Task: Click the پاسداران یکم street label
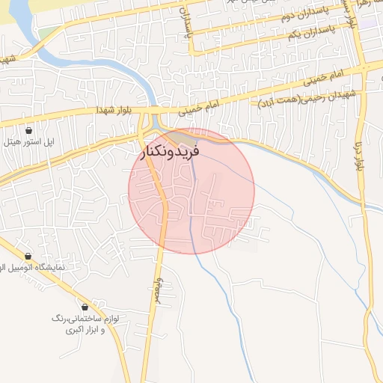click(310, 34)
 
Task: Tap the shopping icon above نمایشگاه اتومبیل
click(28, 256)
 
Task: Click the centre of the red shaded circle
click(191, 191)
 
